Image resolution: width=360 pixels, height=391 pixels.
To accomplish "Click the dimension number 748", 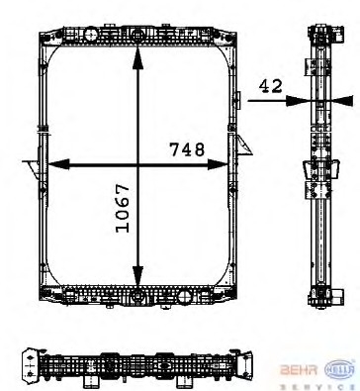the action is coord(187,149).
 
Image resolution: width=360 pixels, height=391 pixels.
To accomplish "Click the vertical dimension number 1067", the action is coord(123,208).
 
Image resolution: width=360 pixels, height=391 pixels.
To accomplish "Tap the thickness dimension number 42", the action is coord(271,86).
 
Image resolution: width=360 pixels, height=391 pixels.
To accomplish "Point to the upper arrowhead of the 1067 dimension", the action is coord(137,58).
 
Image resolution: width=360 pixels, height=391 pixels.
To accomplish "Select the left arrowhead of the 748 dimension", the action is coord(58,164).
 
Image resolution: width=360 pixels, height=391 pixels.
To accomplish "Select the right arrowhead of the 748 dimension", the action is coord(218,164).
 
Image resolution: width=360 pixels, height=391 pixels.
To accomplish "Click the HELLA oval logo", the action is coord(341,368).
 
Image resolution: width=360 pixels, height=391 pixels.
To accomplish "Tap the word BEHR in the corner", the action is coord(299,370).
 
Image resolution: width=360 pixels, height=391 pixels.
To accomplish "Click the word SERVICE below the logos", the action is coord(318,386).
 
